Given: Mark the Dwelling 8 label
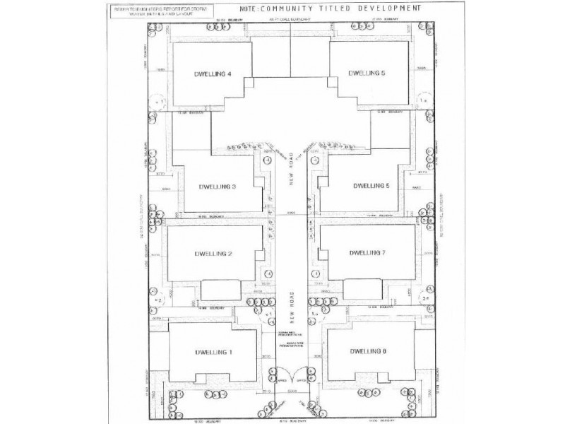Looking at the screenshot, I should click(x=369, y=351).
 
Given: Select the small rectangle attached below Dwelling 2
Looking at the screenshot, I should click(x=220, y=289).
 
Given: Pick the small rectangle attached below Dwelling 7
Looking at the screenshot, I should click(x=363, y=289).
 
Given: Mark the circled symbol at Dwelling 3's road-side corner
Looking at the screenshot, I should click(x=266, y=160).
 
